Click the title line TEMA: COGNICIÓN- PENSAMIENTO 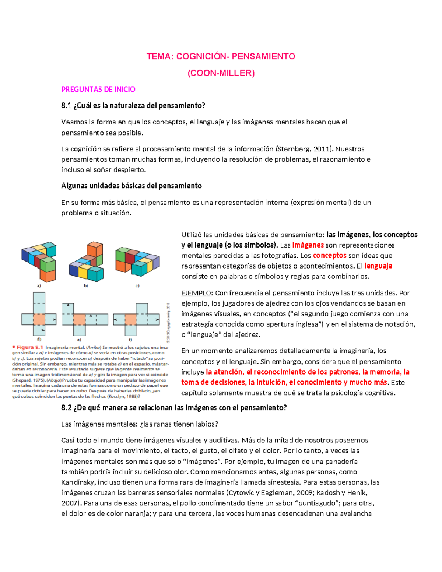coord(221,56)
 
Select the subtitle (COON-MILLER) coord(221,73)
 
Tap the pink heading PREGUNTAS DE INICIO coord(98,90)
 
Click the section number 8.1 coord(66,106)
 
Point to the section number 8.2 coord(66,408)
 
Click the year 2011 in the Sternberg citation coord(321,149)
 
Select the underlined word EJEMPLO coord(196,293)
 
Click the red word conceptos coord(329,256)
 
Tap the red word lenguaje coord(378,266)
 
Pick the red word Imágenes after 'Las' coord(308,245)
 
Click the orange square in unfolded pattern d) coord(39,319)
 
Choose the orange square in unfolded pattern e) coord(79,319)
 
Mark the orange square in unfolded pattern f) coord(130,319)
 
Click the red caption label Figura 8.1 coord(29,347)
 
